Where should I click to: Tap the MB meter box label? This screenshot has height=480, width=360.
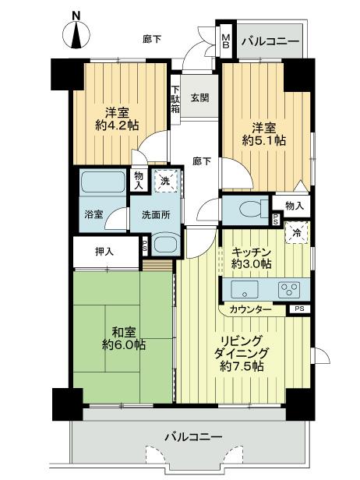[226, 40]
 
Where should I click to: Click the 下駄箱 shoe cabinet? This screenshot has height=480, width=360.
[176, 99]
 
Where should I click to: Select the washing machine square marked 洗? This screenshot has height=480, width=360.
[164, 182]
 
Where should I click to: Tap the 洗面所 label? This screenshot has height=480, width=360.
[156, 215]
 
